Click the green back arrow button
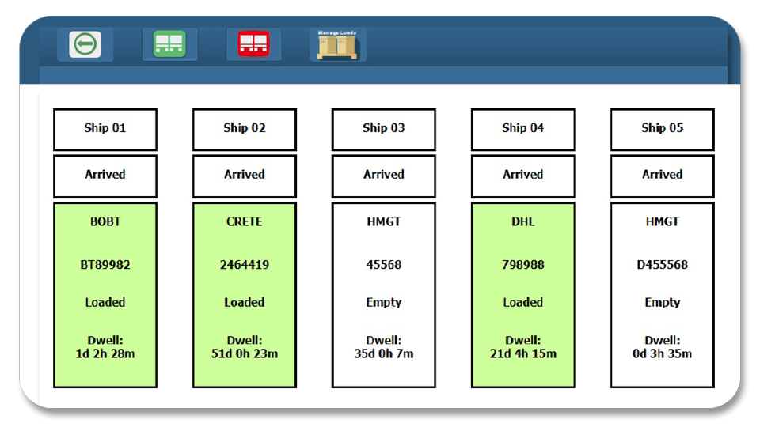[85, 44]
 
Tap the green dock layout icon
[169, 44]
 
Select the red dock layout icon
[253, 43]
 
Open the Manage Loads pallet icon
[337, 44]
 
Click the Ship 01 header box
[105, 129]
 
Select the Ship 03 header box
[384, 129]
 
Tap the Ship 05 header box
[663, 129]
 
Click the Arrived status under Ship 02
[245, 174]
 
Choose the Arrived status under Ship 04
[523, 174]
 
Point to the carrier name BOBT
[105, 221]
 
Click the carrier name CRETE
[245, 221]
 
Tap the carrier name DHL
[523, 221]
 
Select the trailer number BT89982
[105, 265]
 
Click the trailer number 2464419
[245, 265]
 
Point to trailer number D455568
[663, 265]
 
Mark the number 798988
[523, 265]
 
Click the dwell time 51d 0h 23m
[245, 354]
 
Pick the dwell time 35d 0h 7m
[384, 354]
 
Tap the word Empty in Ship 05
[663, 303]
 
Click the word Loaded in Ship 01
[105, 303]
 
